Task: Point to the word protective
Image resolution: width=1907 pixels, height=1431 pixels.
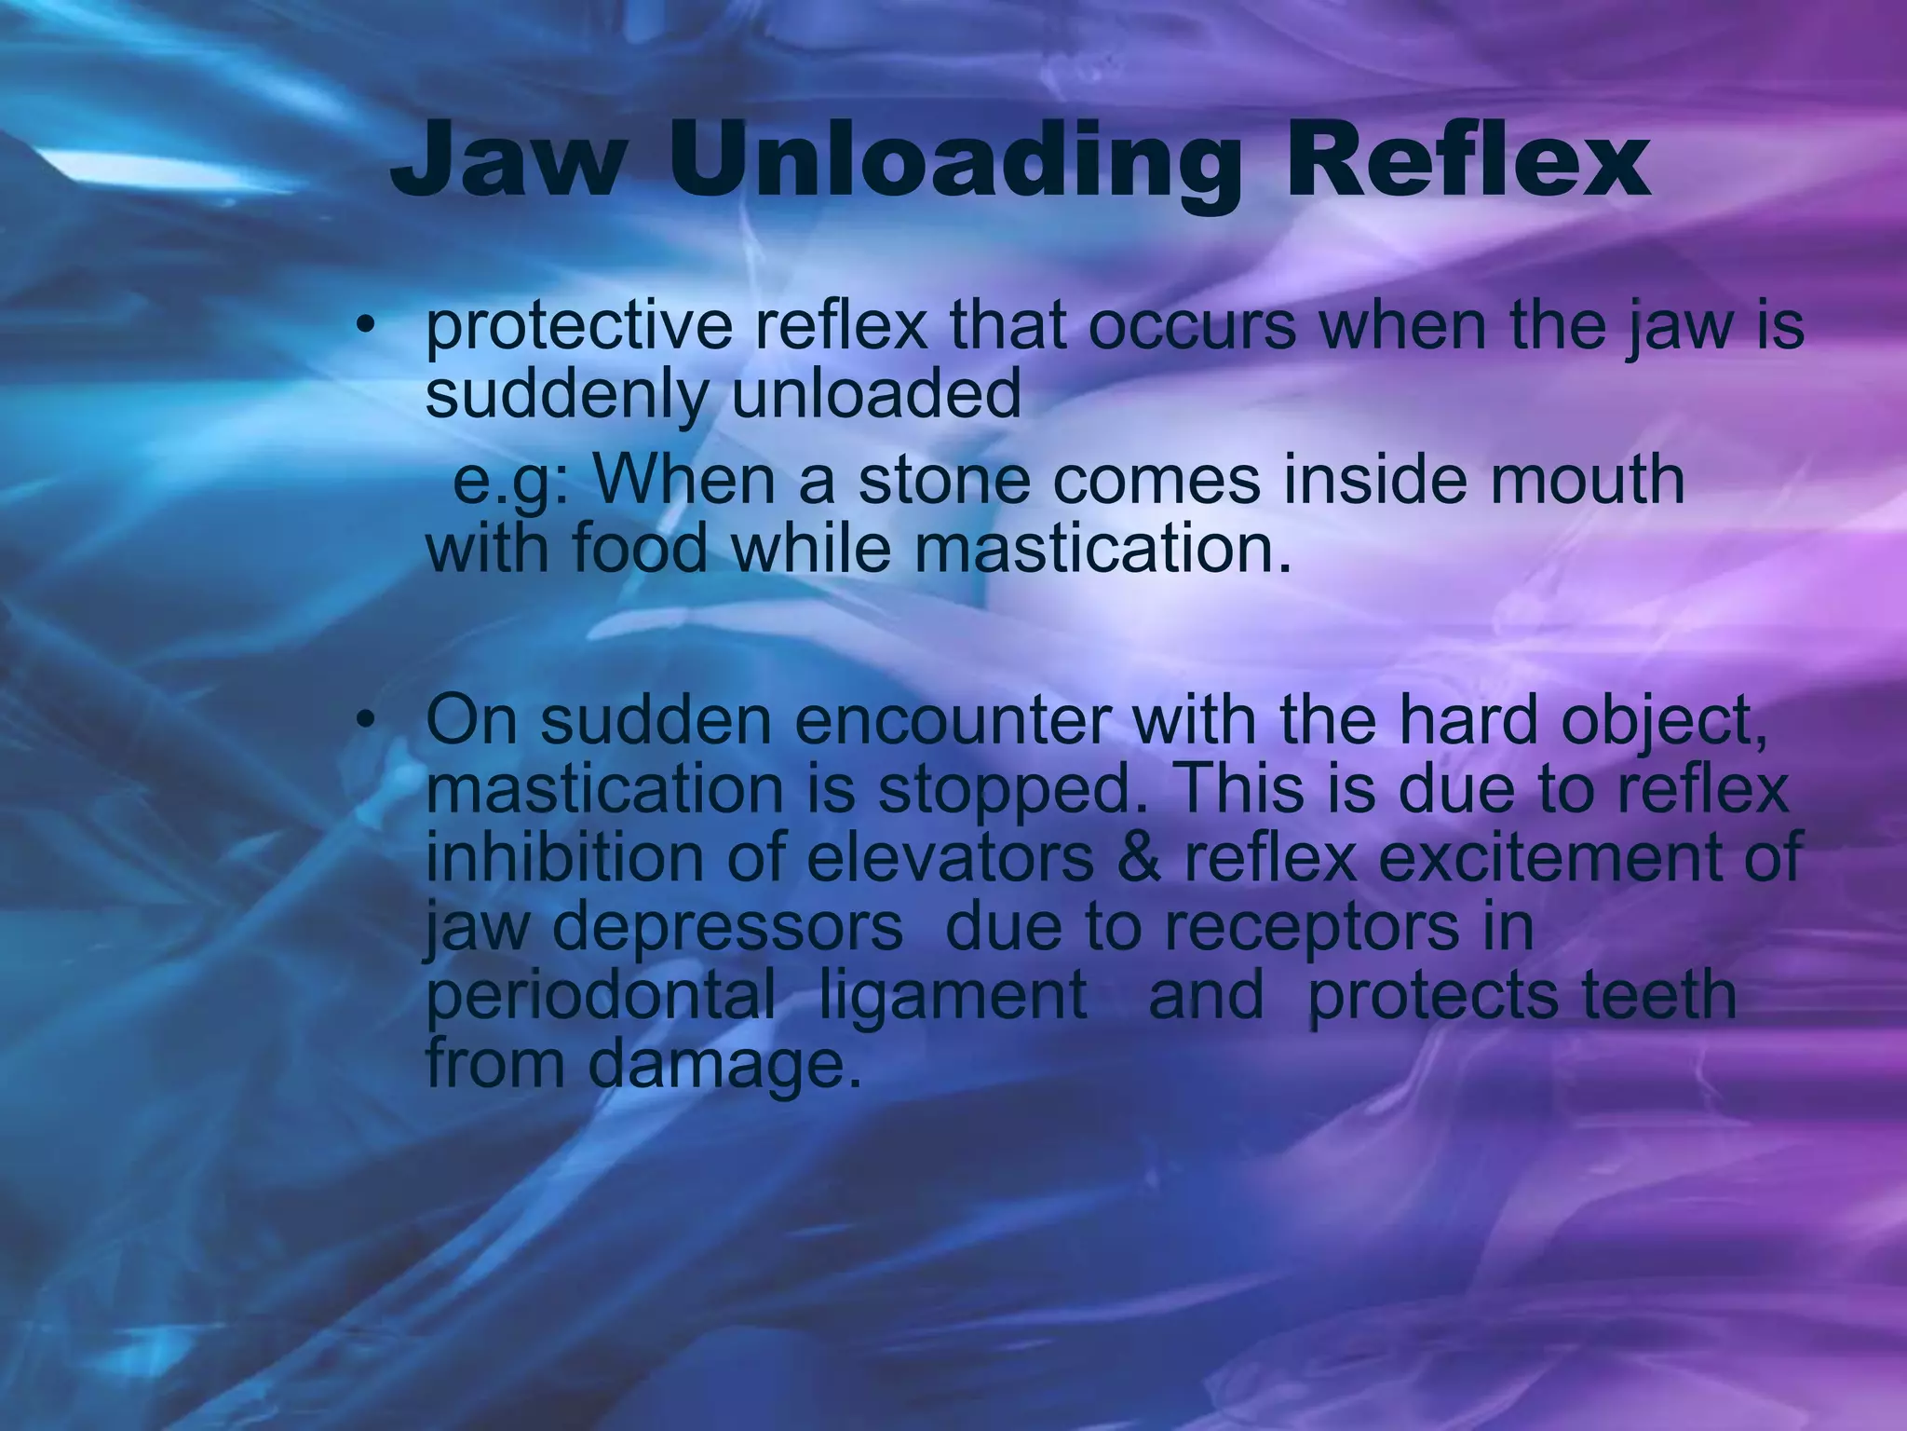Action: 578,328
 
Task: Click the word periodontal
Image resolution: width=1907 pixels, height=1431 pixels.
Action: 600,993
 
